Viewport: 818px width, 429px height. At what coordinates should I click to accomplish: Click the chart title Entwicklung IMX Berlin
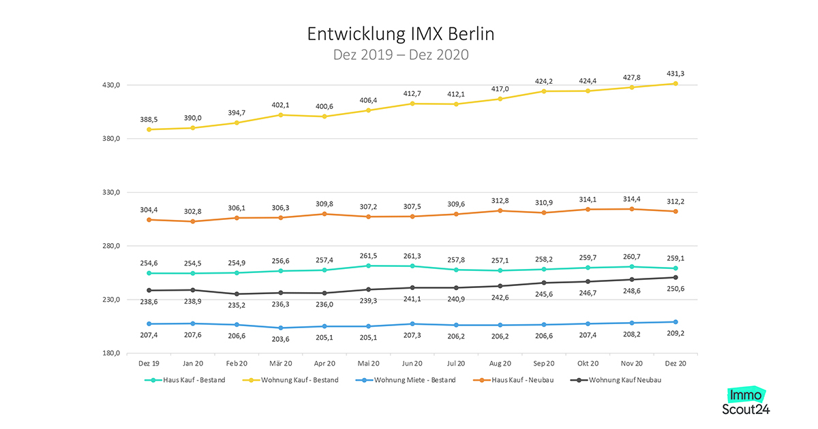pos(401,33)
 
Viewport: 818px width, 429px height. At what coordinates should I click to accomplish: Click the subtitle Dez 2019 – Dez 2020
pos(401,54)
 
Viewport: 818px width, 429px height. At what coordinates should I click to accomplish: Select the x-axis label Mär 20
pos(280,364)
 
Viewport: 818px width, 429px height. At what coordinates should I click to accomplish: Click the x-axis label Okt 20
pos(588,364)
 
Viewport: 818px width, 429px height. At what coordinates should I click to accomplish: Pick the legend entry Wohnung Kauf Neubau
pos(624,380)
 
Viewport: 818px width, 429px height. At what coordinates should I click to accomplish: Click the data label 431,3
pos(676,73)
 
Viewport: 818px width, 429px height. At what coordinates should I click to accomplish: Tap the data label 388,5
pos(149,118)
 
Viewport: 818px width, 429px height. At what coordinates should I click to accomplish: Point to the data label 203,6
pos(280,338)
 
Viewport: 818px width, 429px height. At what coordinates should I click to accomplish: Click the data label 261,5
pos(368,255)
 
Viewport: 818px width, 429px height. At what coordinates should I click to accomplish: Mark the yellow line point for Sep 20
pos(544,91)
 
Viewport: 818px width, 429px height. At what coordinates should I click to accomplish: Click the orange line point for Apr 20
pos(324,214)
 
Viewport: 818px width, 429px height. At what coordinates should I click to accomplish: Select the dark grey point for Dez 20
pos(676,277)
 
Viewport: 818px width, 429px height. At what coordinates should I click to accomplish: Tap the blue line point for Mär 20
pos(280,328)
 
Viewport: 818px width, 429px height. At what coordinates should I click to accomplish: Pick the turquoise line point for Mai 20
pos(368,266)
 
